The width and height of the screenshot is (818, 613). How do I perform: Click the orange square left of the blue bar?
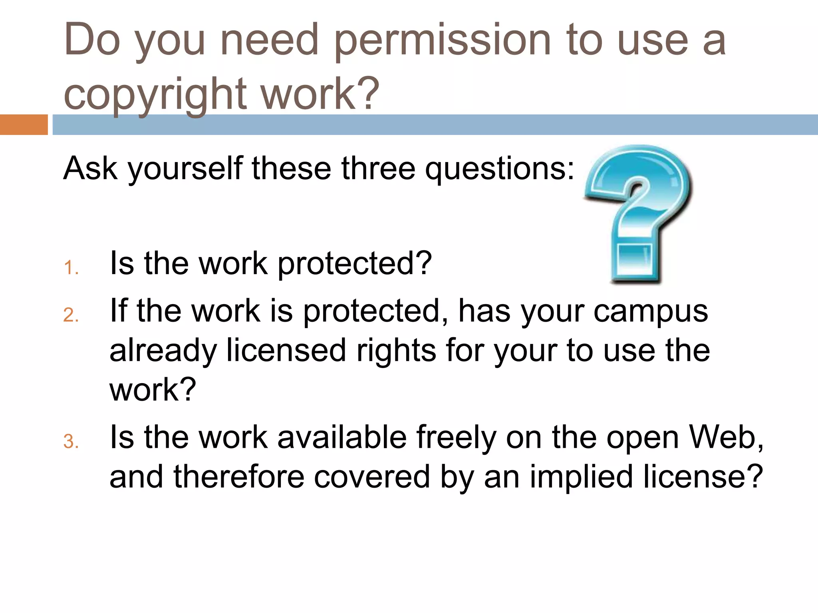[x=24, y=125]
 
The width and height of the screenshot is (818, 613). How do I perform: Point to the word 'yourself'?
[x=185, y=168]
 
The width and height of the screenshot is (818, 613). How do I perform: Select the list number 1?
[x=71, y=268]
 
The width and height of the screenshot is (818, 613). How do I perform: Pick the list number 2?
[x=71, y=315]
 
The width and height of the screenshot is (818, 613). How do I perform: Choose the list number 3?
[x=71, y=442]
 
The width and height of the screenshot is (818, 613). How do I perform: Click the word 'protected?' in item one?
[x=355, y=264]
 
